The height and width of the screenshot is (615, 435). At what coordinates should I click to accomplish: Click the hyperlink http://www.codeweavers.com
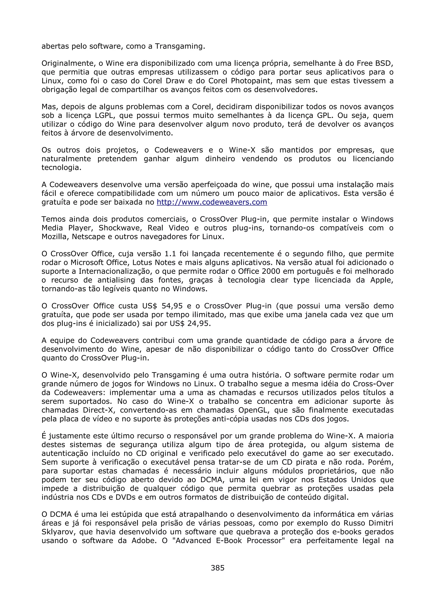pos(212,202)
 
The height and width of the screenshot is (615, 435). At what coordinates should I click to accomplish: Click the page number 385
pos(217,568)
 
